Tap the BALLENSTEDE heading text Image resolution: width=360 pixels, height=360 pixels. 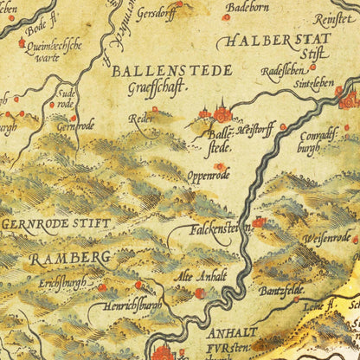pyautogui.click(x=171, y=70)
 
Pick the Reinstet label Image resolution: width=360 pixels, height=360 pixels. pyautogui.click(x=334, y=18)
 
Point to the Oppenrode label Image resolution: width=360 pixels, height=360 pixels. pyautogui.click(x=209, y=176)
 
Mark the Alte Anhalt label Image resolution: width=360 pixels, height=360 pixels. pyautogui.click(x=201, y=275)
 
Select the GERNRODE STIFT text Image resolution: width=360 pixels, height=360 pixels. pyautogui.click(x=56, y=222)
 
